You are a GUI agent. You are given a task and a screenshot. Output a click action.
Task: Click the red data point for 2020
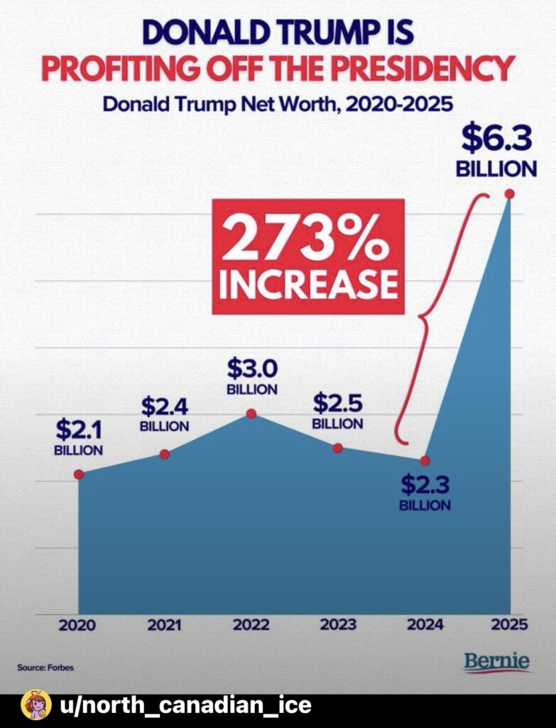pos(79,474)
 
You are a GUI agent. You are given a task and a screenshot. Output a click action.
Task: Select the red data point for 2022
pos(251,414)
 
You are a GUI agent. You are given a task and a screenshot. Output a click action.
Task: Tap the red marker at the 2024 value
pos(425,461)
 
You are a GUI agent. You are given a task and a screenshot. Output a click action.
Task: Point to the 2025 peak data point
pos(509,194)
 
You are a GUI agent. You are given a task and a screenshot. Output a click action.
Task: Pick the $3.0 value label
pos(251,369)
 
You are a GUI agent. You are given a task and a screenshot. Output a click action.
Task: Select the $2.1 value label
pos(79,430)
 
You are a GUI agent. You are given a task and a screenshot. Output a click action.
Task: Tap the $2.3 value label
pos(425,486)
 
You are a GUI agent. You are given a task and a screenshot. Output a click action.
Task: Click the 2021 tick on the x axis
pos(165,626)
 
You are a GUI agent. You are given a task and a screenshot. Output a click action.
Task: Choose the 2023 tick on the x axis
pos(338,626)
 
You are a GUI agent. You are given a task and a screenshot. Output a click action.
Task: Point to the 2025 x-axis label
pos(509,626)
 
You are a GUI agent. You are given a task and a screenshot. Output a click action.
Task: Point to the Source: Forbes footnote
pos(45,668)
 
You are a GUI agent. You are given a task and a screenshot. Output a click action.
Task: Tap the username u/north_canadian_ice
pos(186,705)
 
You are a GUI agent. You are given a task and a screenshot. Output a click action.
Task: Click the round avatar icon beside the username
pos(36,705)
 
